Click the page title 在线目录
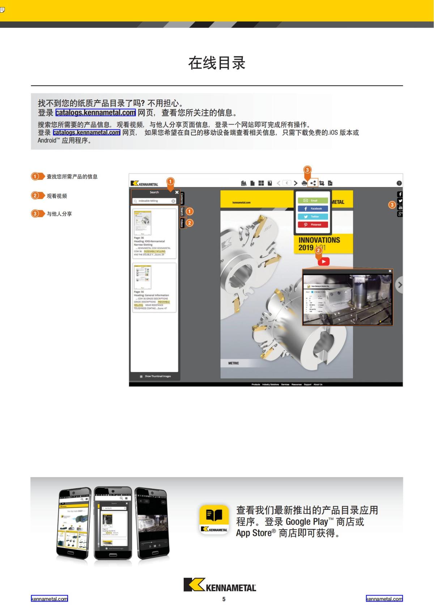click(217, 63)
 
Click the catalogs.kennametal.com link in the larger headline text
click(95, 113)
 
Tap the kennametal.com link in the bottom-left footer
click(49, 599)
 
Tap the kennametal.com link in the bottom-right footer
click(384, 599)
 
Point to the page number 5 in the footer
click(224, 599)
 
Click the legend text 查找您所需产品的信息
click(72, 177)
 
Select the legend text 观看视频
click(57, 196)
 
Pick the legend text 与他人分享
click(59, 214)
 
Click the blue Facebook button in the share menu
click(313, 209)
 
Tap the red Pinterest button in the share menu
click(313, 225)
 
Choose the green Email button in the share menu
click(313, 200)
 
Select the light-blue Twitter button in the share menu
click(313, 217)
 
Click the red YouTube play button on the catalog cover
click(324, 262)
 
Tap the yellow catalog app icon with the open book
click(214, 519)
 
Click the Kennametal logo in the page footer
click(220, 585)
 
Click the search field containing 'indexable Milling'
click(154, 201)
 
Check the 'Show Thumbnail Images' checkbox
click(141, 377)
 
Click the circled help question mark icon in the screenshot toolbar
click(399, 183)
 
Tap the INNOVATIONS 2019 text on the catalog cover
click(319, 244)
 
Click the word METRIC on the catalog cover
click(233, 363)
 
